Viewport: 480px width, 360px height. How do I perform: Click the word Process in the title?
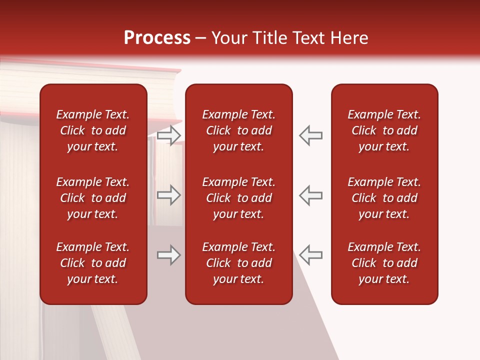tap(157, 38)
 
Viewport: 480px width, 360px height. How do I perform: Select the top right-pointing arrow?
tap(169, 135)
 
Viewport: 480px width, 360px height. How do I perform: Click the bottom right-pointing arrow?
tap(169, 255)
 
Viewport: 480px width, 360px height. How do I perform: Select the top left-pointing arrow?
tap(311, 135)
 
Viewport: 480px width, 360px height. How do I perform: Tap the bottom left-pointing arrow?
tap(311, 255)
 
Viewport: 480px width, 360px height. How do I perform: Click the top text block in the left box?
tap(93, 130)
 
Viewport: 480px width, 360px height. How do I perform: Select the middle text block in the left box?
tap(93, 198)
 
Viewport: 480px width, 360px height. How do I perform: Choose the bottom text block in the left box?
tap(93, 263)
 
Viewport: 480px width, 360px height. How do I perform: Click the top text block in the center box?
tap(238, 130)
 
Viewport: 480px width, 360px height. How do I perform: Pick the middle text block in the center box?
tap(238, 198)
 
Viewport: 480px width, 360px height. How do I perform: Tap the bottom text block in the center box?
tap(238, 263)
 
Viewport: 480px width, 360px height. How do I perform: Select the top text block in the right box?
tap(384, 130)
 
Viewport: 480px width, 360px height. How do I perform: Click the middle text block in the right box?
tap(384, 198)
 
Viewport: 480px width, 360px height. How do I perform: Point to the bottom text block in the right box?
tap(384, 263)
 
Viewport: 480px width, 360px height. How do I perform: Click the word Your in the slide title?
tap(228, 38)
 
